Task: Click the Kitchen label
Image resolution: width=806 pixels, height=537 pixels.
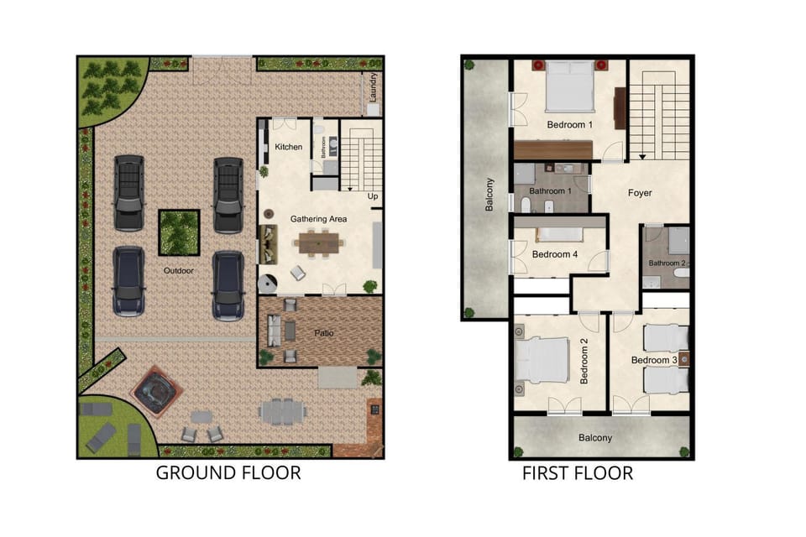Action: [288, 147]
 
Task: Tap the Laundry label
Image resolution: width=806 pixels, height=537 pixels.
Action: [374, 87]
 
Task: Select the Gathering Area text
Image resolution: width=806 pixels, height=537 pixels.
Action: [318, 219]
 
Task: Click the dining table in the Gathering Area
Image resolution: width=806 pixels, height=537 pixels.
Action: [319, 243]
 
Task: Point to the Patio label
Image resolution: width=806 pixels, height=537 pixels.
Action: [324, 333]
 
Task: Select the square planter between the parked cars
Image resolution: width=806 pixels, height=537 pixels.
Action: [179, 232]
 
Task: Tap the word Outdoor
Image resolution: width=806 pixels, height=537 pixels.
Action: [178, 271]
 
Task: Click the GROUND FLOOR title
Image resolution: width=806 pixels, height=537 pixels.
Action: [228, 472]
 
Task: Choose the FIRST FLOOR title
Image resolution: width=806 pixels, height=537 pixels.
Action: [578, 473]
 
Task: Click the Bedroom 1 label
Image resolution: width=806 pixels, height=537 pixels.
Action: [569, 125]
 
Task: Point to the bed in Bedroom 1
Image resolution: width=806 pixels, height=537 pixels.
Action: [569, 86]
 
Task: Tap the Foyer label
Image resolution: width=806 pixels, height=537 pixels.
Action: [640, 193]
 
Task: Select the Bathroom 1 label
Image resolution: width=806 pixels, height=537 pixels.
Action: [550, 191]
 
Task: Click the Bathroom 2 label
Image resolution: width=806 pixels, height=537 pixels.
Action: [667, 263]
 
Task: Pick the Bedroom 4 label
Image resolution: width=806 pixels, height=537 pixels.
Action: [555, 254]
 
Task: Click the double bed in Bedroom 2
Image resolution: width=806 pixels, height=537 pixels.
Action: [542, 360]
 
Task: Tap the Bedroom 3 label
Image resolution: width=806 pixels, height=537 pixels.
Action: [654, 360]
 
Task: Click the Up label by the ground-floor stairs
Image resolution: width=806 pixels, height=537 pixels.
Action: [373, 196]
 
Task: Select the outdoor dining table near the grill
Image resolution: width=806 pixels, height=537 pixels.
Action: [282, 412]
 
